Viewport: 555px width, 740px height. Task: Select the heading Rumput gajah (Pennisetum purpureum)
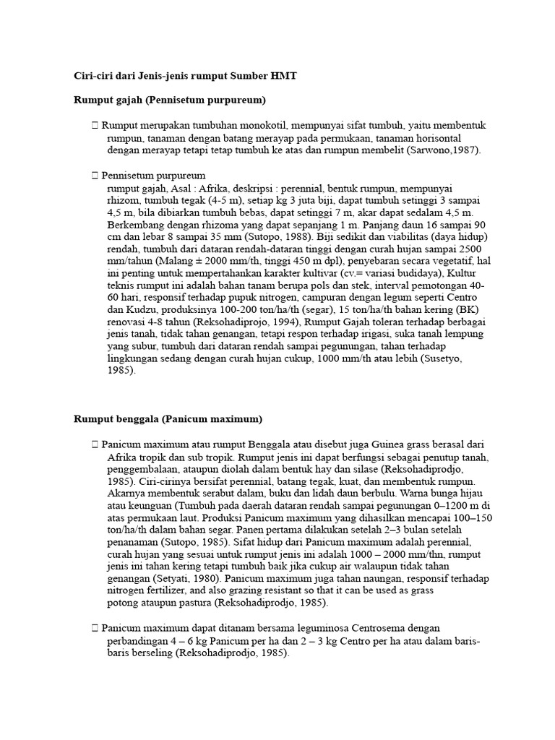[171, 99]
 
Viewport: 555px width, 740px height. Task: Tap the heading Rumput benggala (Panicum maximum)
[168, 418]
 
